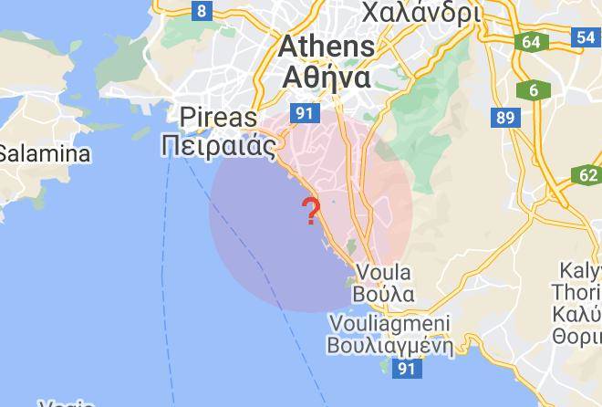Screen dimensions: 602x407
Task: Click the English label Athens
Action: click(x=326, y=46)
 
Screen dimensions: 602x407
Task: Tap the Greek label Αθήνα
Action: click(x=327, y=77)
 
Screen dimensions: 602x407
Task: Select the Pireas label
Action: click(x=219, y=118)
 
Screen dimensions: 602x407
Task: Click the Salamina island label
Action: click(x=44, y=152)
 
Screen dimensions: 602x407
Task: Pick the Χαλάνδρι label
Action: click(x=420, y=13)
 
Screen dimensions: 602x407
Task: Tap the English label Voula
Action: click(x=384, y=272)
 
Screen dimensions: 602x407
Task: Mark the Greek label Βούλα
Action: click(x=384, y=294)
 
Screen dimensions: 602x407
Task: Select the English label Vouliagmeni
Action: click(x=389, y=323)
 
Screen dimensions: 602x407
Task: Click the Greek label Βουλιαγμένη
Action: click(x=390, y=345)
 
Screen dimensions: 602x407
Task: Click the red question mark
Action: click(x=312, y=212)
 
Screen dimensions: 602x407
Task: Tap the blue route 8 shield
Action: click(x=202, y=12)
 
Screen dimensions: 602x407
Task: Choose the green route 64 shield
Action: click(x=531, y=42)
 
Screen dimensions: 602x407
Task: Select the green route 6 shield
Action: click(x=534, y=90)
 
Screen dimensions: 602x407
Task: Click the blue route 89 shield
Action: click(x=504, y=118)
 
